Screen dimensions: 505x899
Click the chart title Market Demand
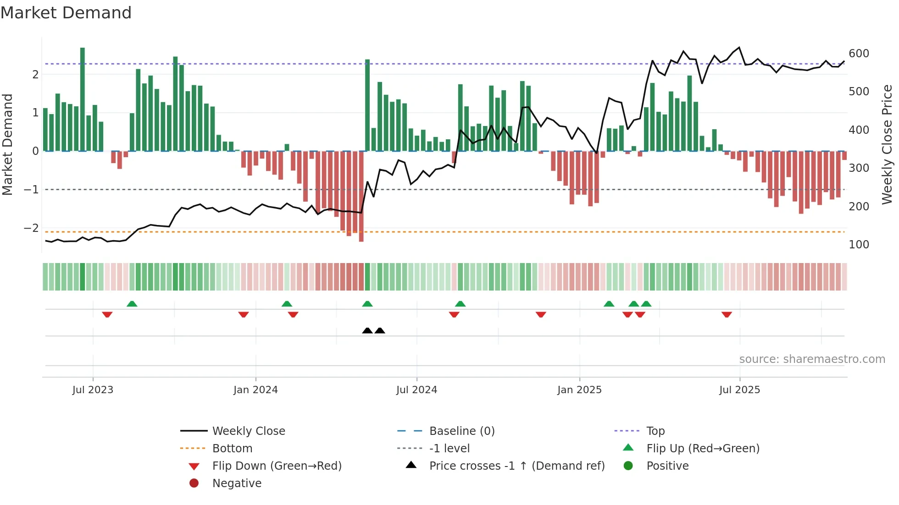tap(66, 13)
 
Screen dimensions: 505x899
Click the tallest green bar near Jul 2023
tap(83, 99)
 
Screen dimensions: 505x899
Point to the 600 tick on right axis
tap(859, 54)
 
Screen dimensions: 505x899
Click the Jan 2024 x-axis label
tap(255, 390)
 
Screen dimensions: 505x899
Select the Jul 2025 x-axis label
tap(739, 390)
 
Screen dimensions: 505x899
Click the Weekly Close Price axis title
tap(887, 144)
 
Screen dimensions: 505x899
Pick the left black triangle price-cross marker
tap(367, 330)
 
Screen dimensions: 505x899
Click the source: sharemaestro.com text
tap(812, 359)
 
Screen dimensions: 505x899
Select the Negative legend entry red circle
tap(194, 483)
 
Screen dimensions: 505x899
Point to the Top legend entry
tap(655, 431)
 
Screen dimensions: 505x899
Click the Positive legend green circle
tap(628, 466)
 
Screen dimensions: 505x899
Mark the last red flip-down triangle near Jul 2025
tap(727, 314)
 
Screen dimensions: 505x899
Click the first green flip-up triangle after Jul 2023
tap(132, 304)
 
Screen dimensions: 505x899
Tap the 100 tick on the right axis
tap(859, 245)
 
